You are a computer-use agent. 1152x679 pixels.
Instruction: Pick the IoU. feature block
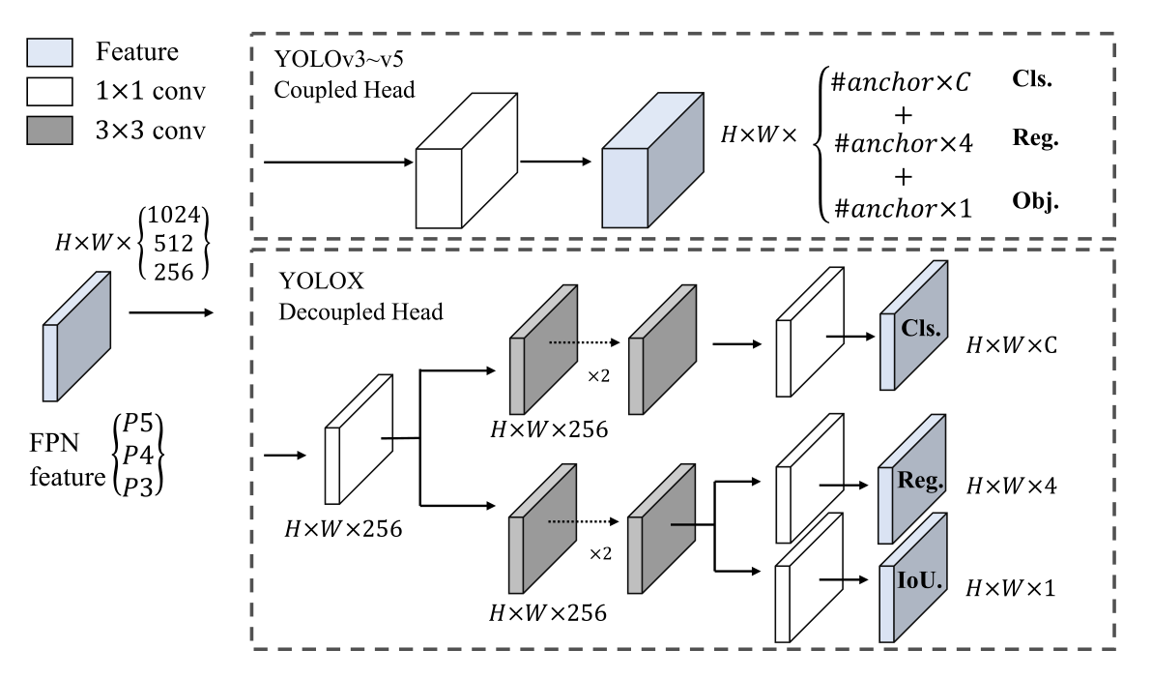point(912,585)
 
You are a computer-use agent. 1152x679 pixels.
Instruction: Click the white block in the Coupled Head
point(462,175)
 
